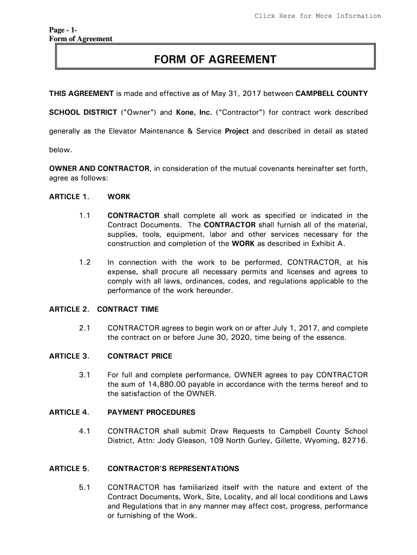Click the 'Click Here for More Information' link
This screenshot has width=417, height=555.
point(318,16)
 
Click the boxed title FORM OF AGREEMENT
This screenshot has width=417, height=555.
point(215,59)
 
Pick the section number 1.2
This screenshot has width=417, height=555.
point(84,263)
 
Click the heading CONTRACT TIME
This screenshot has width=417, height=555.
point(128,309)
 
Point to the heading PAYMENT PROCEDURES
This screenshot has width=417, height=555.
point(151,412)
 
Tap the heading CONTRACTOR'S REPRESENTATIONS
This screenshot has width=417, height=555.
point(173,468)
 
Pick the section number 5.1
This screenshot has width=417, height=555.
point(84,487)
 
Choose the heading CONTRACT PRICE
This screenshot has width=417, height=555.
point(140,356)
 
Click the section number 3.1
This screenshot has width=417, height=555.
point(84,375)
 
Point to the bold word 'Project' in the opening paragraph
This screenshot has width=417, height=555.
point(237,131)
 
